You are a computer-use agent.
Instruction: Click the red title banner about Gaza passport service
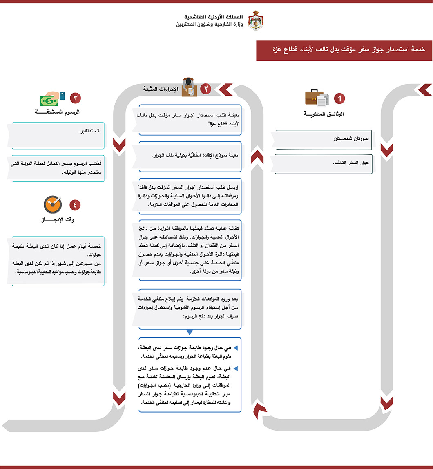coord(344,50)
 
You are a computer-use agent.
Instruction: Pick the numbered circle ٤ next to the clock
coord(75,204)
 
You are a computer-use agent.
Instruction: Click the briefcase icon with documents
coord(317,98)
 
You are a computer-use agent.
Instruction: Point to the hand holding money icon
coord(52,98)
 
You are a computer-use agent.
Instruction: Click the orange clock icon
coord(53,205)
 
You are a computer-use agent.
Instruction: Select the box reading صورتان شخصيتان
coord(324,139)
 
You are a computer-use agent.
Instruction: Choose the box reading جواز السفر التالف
coord(324,163)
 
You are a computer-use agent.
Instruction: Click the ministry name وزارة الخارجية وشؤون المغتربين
coord(209,25)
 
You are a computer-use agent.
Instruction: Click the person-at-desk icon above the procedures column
coord(189,87)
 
